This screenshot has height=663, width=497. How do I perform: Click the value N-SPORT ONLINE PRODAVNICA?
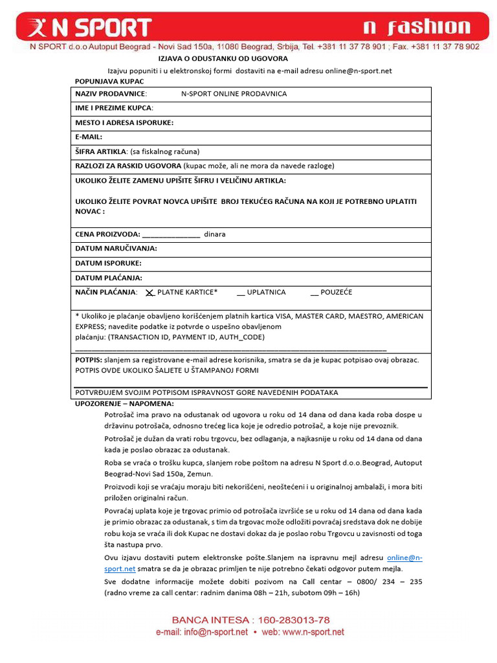(234, 94)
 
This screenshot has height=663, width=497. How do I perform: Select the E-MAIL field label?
(89, 137)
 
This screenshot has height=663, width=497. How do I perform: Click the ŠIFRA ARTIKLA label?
(101, 152)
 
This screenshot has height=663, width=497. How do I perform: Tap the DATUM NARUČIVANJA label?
(116, 249)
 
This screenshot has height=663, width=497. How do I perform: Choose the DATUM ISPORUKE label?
(108, 264)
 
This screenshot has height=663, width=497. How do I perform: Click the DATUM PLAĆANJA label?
(108, 278)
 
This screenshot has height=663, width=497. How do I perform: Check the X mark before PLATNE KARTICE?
(149, 293)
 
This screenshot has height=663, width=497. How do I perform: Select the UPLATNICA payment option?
(266, 293)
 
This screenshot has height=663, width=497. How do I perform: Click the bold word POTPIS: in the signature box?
(89, 359)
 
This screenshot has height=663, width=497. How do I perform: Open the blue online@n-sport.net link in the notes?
(404, 557)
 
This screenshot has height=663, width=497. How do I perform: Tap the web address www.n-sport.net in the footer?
(311, 633)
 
